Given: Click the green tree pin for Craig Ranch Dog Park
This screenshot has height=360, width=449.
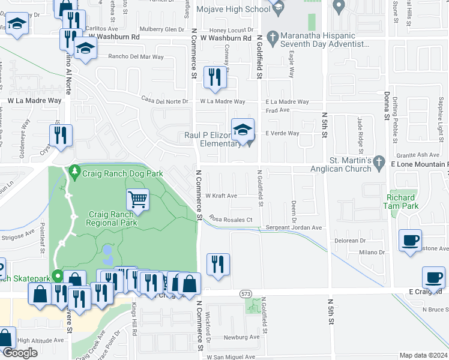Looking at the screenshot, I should tap(74, 173).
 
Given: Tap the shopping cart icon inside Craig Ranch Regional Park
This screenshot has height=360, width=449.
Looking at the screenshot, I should tap(138, 199).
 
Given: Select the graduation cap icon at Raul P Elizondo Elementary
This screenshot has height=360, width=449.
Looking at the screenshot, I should tap(243, 130).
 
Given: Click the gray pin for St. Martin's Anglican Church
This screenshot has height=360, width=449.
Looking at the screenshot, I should tap(378, 162).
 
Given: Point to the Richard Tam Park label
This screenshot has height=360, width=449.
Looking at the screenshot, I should tap(400, 202).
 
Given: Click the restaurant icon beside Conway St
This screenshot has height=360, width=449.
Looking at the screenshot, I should tap(212, 77).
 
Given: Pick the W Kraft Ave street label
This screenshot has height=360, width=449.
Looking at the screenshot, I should tap(221, 196).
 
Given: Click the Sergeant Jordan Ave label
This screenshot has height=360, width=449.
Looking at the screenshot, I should tap(294, 227).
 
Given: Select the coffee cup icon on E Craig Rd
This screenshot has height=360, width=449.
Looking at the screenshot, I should tap(434, 277).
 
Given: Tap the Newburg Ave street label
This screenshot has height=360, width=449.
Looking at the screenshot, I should tap(243, 337).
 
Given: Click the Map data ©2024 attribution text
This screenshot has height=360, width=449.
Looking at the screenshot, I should tap(423, 355).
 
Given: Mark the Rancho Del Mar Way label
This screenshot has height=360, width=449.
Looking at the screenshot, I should tap(136, 57).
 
